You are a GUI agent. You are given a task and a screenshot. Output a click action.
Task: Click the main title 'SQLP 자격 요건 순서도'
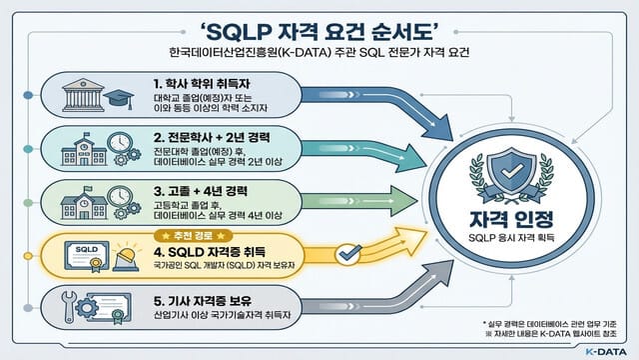click(x=319, y=24)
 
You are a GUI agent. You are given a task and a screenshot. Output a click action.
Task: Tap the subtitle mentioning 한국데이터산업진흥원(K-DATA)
click(x=319, y=51)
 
